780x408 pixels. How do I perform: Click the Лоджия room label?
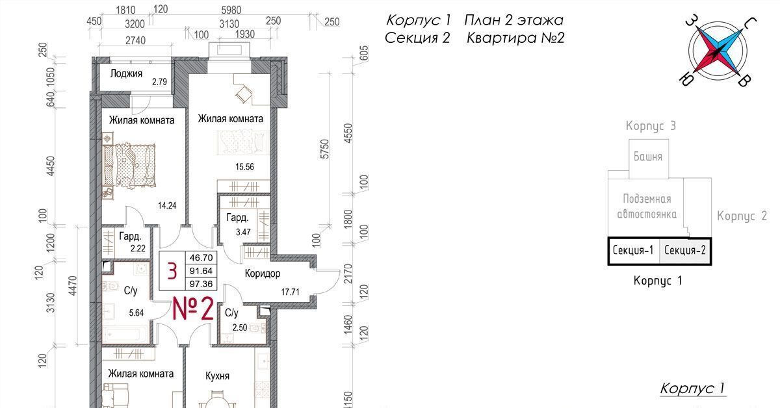point(126,74)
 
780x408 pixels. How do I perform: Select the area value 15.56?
point(244,167)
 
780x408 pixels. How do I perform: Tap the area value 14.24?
point(167,206)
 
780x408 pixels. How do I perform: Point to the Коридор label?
point(262,274)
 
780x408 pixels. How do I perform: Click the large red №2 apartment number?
point(193,309)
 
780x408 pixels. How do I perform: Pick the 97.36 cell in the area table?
point(201,284)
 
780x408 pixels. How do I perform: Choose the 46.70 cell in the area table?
point(201,258)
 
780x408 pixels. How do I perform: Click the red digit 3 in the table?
point(172,271)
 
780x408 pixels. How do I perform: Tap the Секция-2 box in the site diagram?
point(685,251)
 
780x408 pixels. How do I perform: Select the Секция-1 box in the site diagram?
point(633,251)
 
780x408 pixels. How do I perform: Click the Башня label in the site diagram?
point(647,157)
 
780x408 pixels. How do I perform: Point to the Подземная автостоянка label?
point(647,207)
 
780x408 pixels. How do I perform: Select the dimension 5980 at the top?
point(231,10)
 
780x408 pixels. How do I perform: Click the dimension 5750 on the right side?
point(324,149)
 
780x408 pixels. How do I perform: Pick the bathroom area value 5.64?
point(136,313)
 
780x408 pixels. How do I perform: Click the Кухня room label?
point(217,376)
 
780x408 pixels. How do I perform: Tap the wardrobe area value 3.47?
point(243,232)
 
